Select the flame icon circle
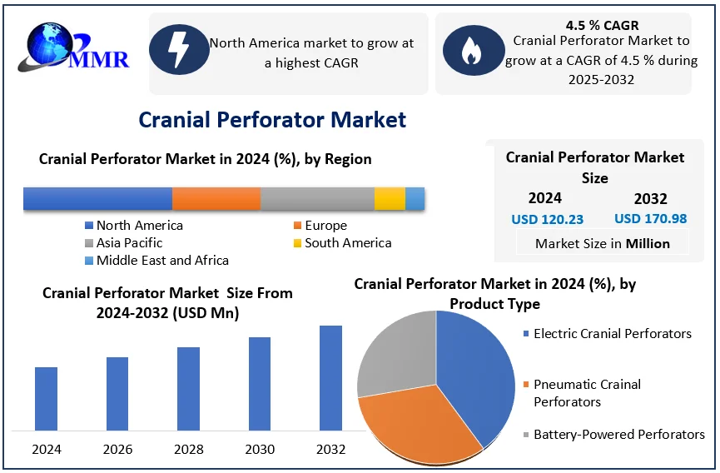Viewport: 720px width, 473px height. coord(471,50)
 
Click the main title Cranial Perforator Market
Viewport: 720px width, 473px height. coord(272,120)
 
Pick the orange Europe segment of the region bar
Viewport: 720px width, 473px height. coord(216,198)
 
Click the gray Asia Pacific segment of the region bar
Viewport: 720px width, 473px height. coord(317,198)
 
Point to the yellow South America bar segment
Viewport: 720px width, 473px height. coord(390,198)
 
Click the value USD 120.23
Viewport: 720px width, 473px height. coord(547,220)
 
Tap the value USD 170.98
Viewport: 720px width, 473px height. coord(651,219)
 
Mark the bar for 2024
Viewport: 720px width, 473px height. coord(47,398)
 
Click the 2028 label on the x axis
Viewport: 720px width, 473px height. coord(189,450)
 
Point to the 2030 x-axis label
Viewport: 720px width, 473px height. coord(260,450)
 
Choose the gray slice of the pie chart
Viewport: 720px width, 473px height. coord(395,354)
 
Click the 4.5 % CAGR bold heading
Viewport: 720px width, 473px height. coord(602,25)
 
